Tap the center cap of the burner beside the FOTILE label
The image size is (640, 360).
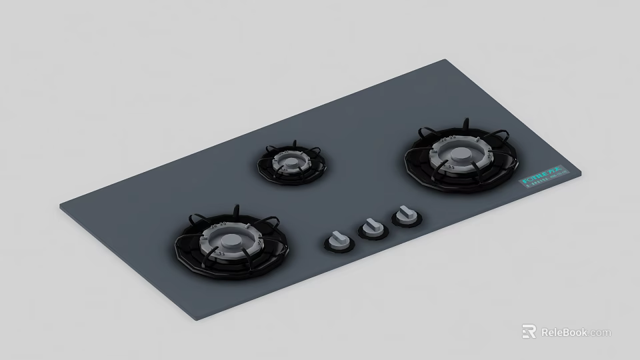pos(459,155)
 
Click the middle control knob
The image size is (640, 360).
pos(371,227)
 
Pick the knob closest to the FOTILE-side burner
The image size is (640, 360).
pos(403,214)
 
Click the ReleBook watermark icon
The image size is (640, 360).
pos(529,332)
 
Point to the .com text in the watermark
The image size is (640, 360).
pos(599,332)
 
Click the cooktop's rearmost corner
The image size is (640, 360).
pos(442,61)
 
